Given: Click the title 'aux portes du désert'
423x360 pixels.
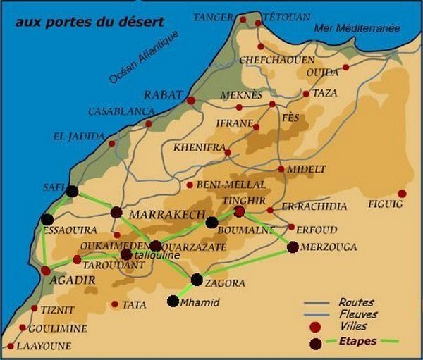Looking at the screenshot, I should [x=90, y=22].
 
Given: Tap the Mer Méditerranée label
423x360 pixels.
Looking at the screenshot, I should [x=357, y=29].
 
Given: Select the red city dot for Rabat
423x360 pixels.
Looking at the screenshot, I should [x=190, y=101].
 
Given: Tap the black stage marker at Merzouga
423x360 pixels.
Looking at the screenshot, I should [x=293, y=247].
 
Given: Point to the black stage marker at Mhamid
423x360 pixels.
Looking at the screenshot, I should [x=173, y=301].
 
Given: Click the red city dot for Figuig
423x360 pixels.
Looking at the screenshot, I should [x=402, y=194].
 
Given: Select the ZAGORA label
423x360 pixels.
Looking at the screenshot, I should [x=225, y=283].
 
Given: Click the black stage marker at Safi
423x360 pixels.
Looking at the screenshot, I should [x=72, y=190].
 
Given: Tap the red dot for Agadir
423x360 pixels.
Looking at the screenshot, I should [x=45, y=270].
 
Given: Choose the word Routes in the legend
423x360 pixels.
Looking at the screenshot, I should [x=356, y=302].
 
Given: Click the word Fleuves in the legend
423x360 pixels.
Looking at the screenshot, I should [x=357, y=314].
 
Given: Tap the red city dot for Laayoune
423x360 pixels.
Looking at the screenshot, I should [x=11, y=346].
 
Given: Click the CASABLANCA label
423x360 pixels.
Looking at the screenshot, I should [x=121, y=111].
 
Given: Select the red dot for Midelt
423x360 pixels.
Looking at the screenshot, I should [x=281, y=169].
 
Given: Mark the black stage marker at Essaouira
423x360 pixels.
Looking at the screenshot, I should [x=47, y=219].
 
